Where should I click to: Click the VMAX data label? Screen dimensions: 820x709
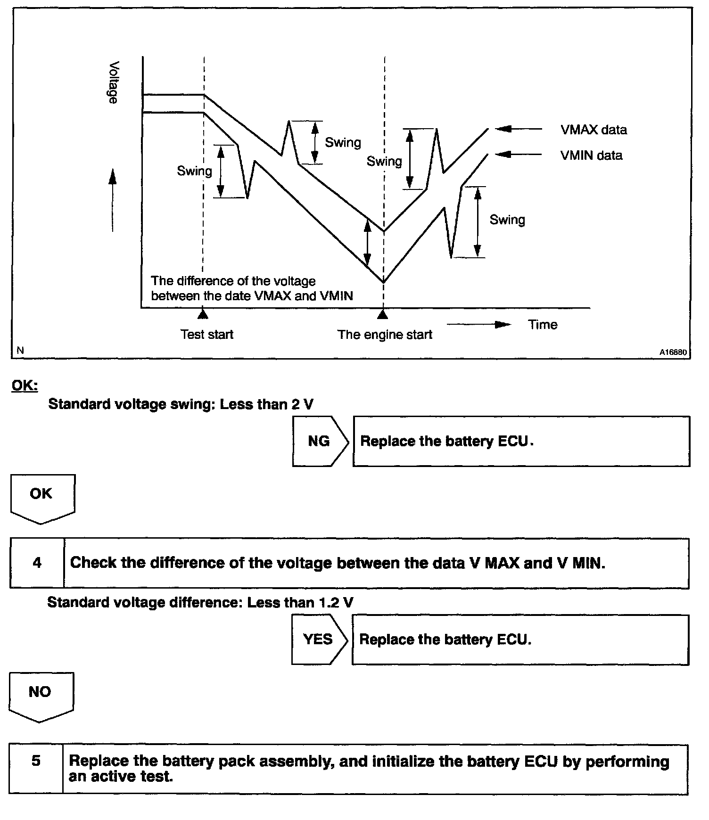594,130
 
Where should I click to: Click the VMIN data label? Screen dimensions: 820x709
591,156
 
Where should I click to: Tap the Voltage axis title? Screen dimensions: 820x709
113,82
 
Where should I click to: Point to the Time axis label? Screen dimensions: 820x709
543,325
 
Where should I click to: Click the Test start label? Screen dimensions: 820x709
207,335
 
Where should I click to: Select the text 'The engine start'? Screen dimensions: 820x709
385,335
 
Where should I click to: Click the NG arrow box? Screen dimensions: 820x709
320,441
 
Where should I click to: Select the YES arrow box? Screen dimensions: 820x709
319,640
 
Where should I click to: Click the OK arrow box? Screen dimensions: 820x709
42,497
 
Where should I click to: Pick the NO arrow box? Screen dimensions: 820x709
41,695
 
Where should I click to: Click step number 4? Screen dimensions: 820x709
37,563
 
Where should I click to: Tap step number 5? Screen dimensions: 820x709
36,761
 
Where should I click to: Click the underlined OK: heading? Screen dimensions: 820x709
25,385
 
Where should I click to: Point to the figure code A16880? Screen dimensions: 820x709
673,352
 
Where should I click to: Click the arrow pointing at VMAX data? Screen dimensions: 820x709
519,129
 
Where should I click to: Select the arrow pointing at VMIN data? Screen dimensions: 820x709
519,154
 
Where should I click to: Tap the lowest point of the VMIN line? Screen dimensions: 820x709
384,282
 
